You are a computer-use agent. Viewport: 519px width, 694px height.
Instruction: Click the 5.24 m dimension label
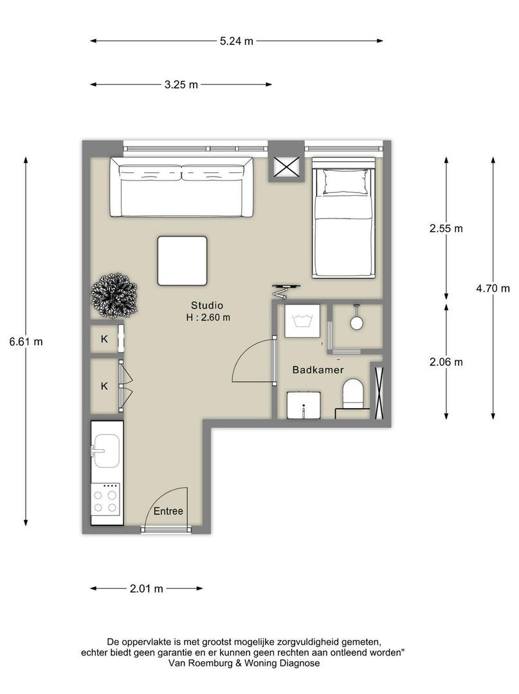click(237, 41)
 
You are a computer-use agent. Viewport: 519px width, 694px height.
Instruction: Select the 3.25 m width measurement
click(181, 85)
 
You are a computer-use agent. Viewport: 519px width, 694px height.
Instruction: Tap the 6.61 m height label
click(26, 342)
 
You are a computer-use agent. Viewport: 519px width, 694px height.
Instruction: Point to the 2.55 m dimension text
click(446, 228)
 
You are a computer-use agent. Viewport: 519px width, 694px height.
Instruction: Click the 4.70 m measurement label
click(493, 289)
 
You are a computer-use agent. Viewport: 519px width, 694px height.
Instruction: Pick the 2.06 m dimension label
click(446, 362)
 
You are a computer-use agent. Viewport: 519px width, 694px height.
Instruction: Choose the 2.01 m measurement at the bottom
click(147, 589)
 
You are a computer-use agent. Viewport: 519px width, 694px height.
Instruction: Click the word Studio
click(207, 305)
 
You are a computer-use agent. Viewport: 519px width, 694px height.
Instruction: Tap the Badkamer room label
click(318, 370)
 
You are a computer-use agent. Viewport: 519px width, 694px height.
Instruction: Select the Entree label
click(168, 512)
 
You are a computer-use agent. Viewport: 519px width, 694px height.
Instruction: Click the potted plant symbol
click(114, 296)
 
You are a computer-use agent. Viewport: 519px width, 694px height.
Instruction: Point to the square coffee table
click(183, 261)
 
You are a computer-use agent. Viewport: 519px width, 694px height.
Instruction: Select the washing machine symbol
click(302, 321)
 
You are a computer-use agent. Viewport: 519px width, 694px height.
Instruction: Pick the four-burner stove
click(105, 504)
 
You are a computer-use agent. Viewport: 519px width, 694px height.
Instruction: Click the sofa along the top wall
click(181, 187)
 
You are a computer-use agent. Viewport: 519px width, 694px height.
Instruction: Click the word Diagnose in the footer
click(299, 663)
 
